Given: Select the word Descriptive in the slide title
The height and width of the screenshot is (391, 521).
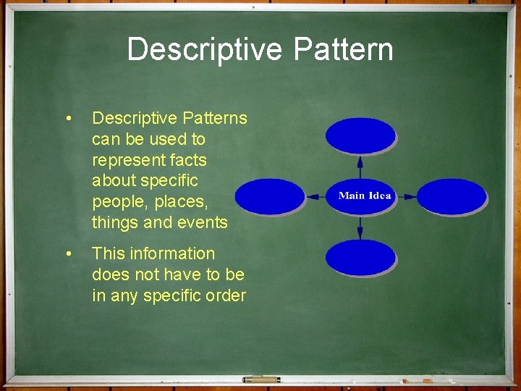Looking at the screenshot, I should coord(205,50).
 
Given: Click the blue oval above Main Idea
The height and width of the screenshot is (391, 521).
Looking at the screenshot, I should coord(360,135).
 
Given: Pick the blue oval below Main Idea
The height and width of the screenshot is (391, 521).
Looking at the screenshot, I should coord(360,258).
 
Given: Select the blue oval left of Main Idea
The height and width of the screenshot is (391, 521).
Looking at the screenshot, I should coord(270,196).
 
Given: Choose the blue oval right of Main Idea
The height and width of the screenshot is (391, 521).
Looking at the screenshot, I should coord(452,196).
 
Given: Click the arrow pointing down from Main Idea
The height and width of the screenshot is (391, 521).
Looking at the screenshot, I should coord(360,227).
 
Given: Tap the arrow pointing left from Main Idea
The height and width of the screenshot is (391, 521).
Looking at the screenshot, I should coord(315,196).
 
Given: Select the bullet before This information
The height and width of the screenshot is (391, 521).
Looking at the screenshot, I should coord(67,254).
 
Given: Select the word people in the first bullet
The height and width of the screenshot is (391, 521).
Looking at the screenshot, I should coord(119,202).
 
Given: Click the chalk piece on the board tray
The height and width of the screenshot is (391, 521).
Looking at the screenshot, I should coord(261,379).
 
